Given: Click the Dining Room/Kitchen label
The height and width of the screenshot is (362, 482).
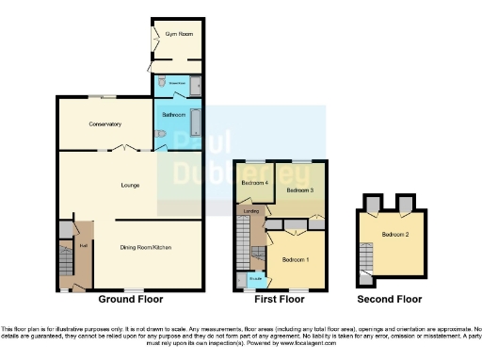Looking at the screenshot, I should click(145, 247).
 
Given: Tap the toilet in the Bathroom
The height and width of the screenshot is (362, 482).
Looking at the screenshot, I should click(160, 140).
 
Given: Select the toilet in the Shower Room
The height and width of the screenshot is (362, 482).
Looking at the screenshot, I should click(163, 85).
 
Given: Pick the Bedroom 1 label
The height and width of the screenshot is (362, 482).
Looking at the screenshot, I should click(296, 258).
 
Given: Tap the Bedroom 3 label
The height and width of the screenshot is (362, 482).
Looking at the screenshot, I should click(299, 190).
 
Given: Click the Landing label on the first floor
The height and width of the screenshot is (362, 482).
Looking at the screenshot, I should click(251, 211).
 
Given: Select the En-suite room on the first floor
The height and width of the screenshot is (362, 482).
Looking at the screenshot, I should click(255, 279).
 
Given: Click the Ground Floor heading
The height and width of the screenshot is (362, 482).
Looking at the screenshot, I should click(130, 299).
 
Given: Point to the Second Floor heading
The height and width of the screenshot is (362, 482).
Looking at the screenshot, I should click(390, 299).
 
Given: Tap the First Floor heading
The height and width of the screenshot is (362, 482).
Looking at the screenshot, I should click(280, 299).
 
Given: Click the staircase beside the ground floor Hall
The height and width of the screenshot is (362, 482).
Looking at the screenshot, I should click(65, 260).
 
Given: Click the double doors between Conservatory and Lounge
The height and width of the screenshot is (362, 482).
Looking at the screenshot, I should click(126, 148).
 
